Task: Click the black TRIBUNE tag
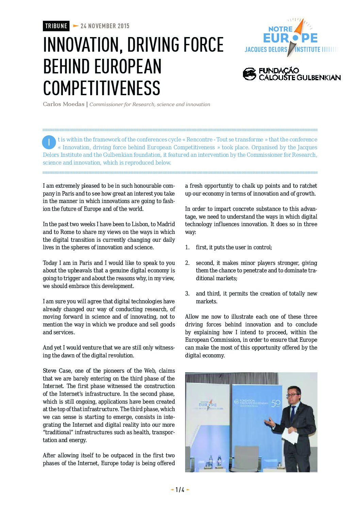pyautogui.click(x=56, y=26)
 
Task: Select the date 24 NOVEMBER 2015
pyautogui.click(x=105, y=26)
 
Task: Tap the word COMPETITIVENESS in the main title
pyautogui.click(x=101, y=88)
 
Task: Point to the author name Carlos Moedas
pyautogui.click(x=63, y=104)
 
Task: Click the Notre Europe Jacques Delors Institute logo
pyautogui.click(x=291, y=38)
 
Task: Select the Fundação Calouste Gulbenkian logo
pyautogui.click(x=292, y=74)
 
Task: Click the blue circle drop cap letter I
pyautogui.click(x=49, y=142)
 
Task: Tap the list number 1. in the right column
pyautogui.click(x=187, y=247)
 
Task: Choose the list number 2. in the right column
pyautogui.click(x=187, y=263)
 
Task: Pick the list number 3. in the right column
pyautogui.click(x=187, y=293)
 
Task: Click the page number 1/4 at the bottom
pyautogui.click(x=180, y=490)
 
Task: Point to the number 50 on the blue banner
pyautogui.click(x=275, y=403)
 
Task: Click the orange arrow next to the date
pyautogui.click(x=76, y=26)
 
